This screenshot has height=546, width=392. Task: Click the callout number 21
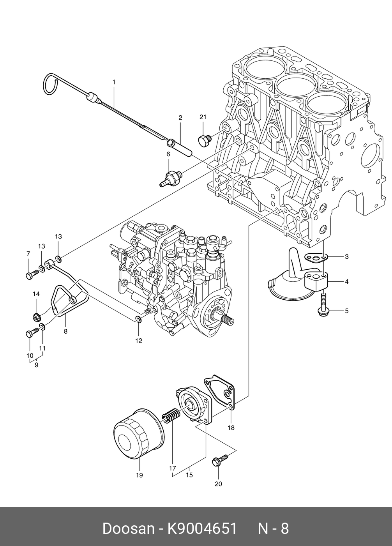coord(203,117)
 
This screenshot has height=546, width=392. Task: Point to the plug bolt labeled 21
coord(205,141)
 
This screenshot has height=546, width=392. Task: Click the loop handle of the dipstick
coord(51,84)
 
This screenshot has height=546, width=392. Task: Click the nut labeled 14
coord(37,317)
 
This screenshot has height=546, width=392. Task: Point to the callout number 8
coord(65,331)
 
